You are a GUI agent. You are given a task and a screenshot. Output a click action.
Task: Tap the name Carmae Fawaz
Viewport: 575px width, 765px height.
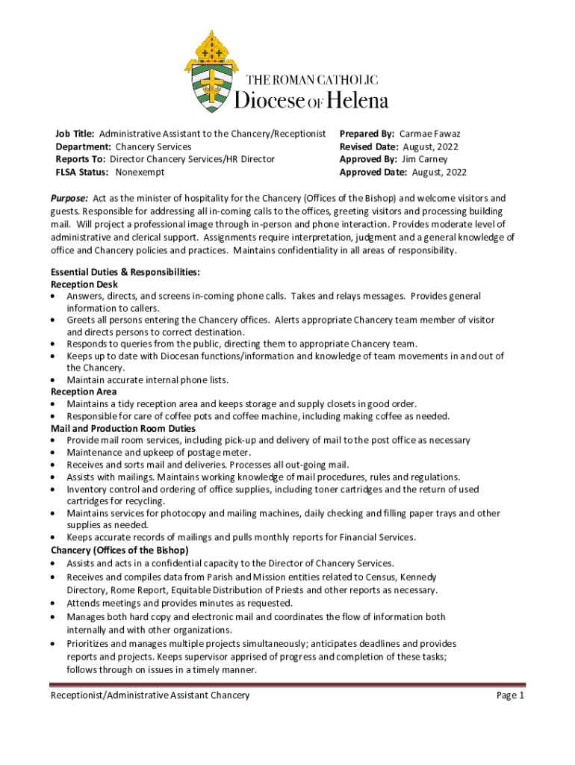click(x=435, y=134)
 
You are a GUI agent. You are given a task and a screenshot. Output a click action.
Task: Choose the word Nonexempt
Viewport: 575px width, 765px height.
click(x=140, y=172)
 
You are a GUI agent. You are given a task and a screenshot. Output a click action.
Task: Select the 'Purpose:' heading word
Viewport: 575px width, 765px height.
click(x=69, y=198)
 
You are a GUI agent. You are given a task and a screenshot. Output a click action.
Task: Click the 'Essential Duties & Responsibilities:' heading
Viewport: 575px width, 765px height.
click(x=125, y=273)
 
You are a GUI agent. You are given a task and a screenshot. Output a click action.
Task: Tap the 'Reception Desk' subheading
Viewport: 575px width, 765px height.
click(x=84, y=285)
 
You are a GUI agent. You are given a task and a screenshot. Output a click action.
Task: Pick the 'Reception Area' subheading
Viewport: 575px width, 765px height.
click(x=84, y=391)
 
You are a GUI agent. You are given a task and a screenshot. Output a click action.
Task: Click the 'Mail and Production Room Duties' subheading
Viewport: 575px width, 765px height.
click(x=123, y=429)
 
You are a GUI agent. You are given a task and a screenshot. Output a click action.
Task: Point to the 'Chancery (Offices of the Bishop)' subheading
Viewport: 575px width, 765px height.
click(x=119, y=551)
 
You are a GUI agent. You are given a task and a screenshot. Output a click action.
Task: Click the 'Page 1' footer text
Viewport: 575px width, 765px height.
click(x=511, y=696)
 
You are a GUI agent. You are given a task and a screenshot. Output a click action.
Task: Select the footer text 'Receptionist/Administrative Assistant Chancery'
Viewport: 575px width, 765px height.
click(x=150, y=696)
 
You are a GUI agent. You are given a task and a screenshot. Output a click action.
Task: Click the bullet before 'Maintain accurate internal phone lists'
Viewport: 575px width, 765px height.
click(x=53, y=380)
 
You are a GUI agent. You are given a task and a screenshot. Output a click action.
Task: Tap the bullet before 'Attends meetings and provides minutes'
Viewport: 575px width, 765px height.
click(x=53, y=603)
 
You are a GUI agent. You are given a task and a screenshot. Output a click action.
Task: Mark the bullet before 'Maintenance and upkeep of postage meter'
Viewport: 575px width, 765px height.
click(x=53, y=453)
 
